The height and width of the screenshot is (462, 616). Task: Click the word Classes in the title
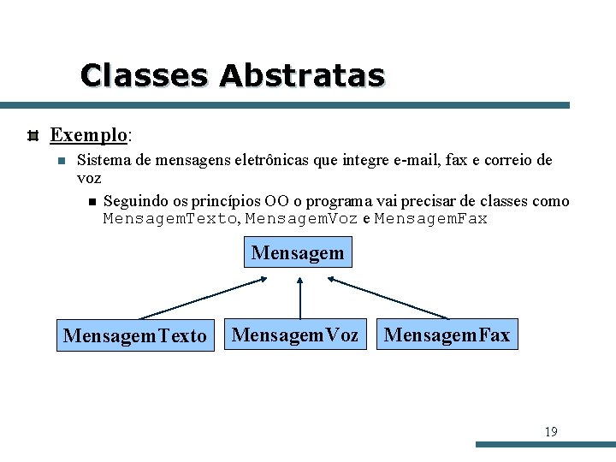tap(144, 75)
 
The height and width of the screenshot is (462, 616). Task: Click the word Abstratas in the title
tap(302, 75)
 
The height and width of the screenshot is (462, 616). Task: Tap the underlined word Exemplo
tap(89, 135)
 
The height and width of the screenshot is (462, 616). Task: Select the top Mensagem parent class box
tap(298, 253)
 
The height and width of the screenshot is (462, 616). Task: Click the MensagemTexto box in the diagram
tap(134, 335)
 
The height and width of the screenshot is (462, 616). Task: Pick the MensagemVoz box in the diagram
tap(295, 335)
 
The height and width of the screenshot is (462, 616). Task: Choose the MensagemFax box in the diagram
tap(447, 335)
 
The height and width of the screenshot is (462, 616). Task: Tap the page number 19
tap(550, 432)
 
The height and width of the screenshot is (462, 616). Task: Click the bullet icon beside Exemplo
tap(33, 135)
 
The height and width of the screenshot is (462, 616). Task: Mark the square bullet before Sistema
tap(59, 161)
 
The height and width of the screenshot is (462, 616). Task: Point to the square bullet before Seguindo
tap(92, 202)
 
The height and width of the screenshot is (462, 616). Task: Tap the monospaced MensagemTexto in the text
tap(169, 219)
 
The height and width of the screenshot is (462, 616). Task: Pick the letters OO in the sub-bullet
tap(275, 201)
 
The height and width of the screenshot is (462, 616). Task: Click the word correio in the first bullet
tap(506, 160)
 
